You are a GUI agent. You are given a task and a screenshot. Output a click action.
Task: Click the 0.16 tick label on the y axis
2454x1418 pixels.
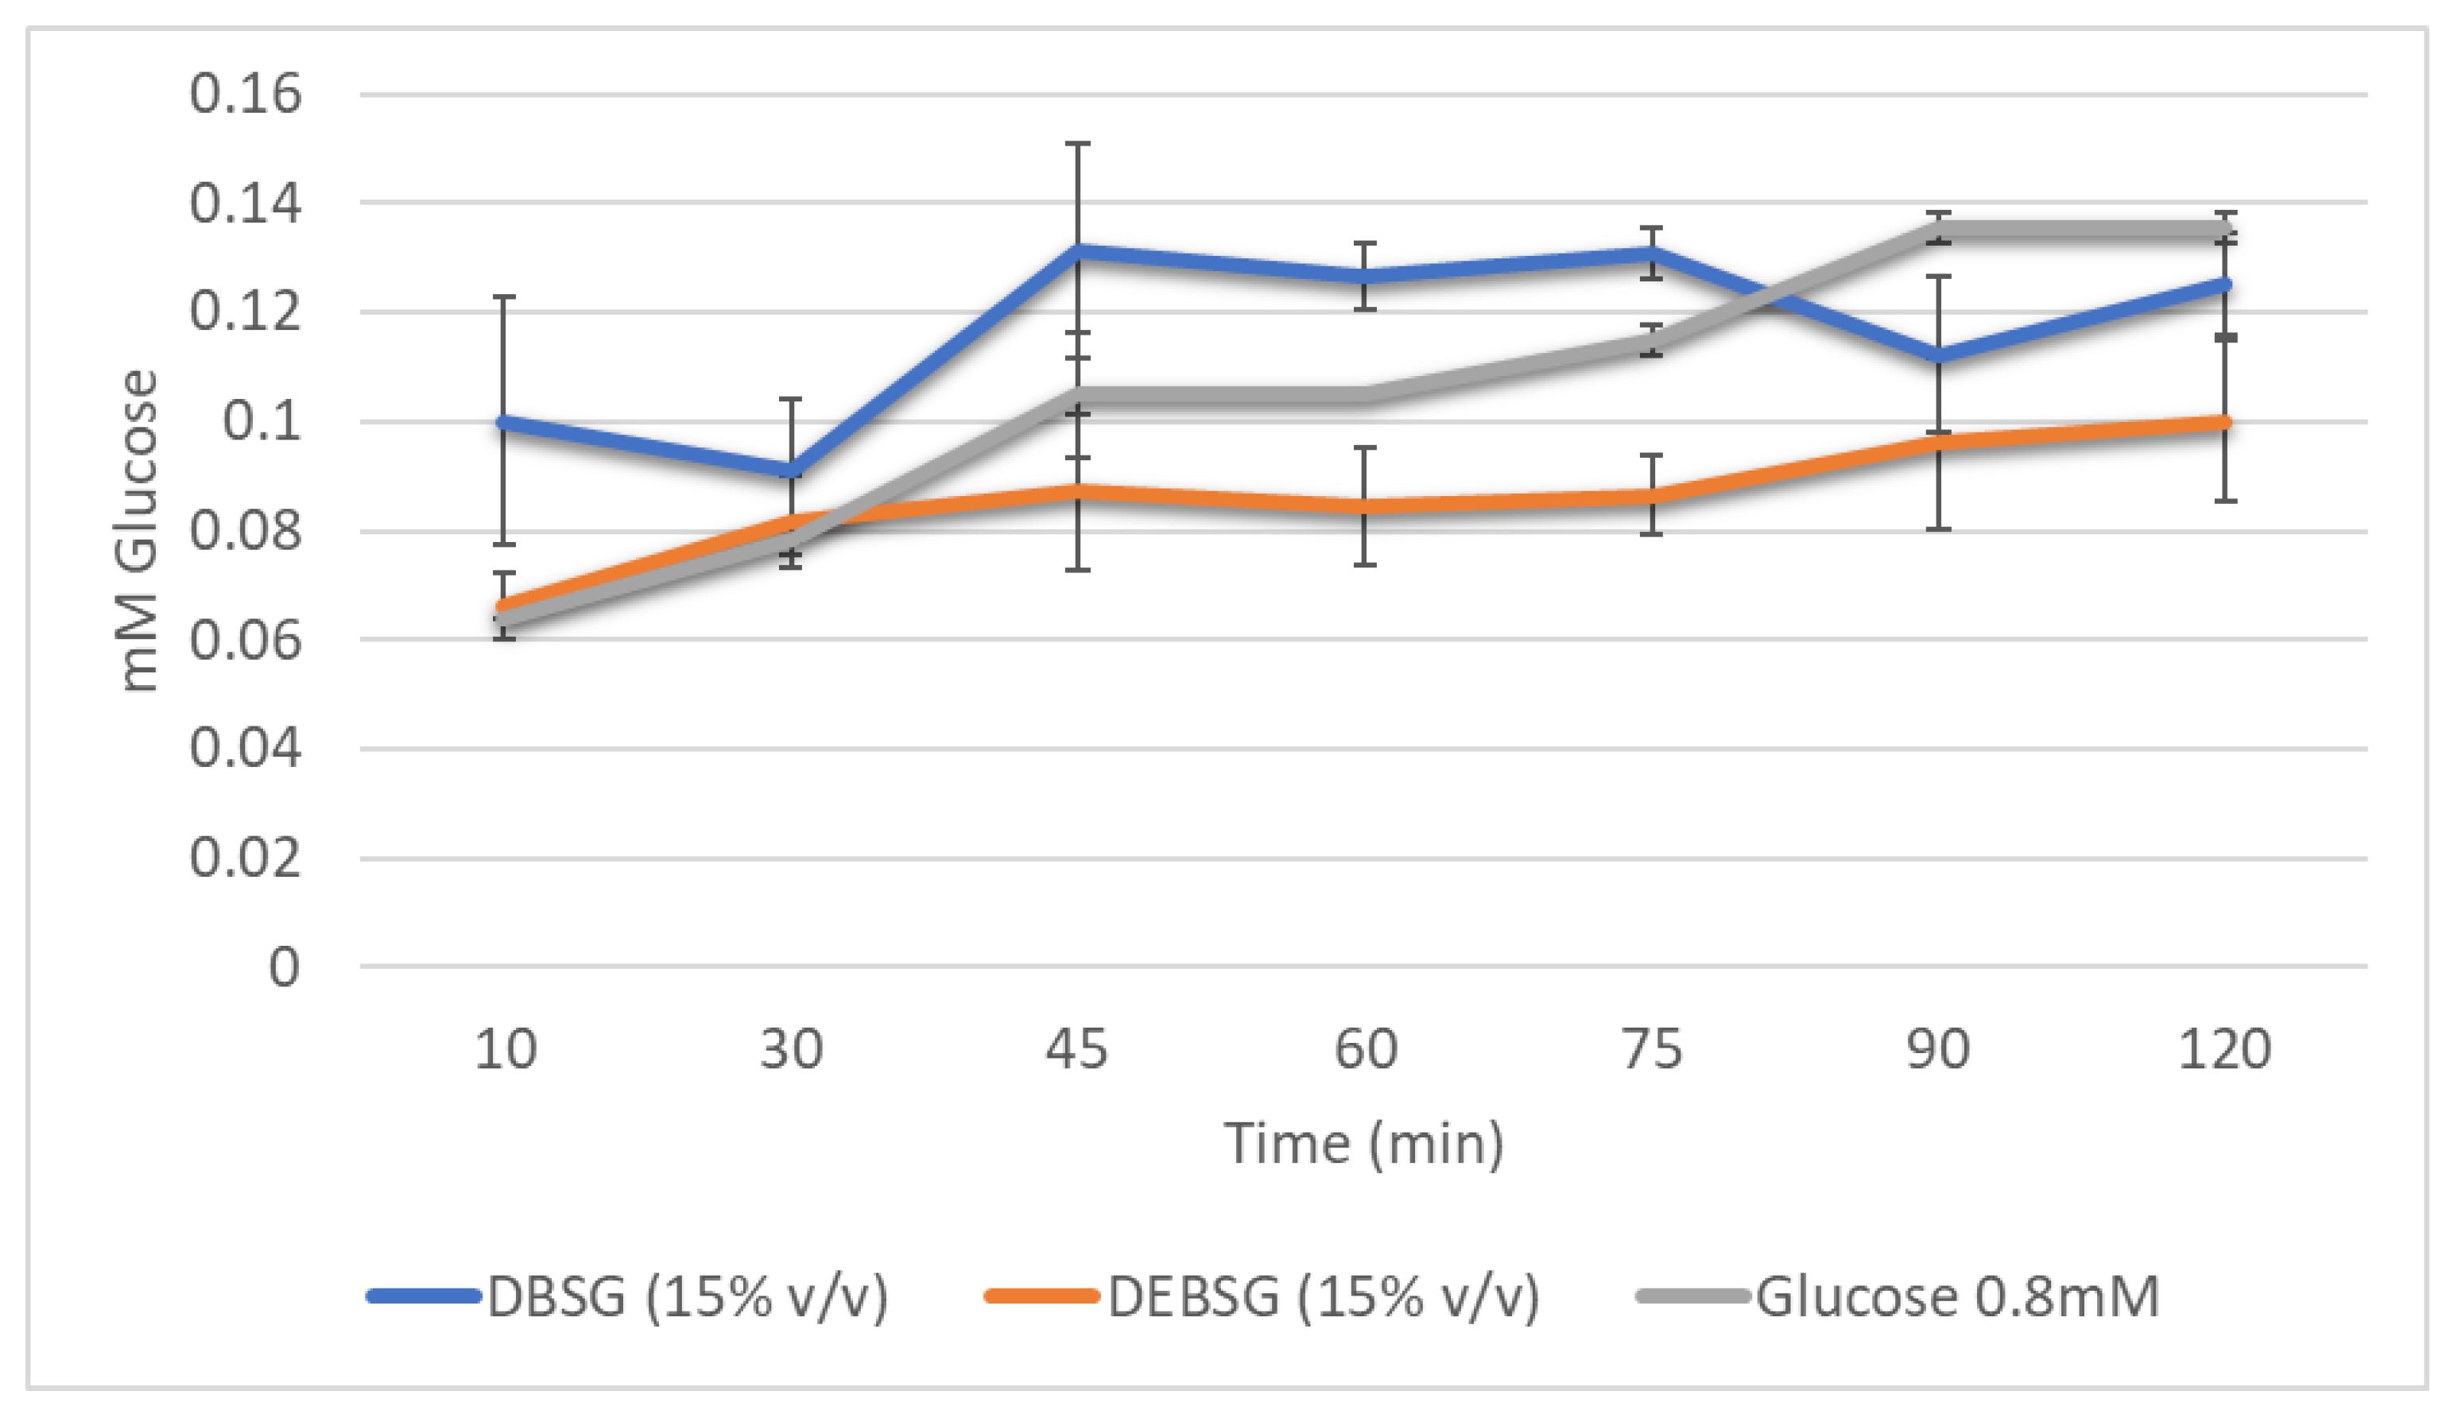(x=246, y=95)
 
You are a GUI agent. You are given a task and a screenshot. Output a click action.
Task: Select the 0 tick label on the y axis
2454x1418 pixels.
(x=283, y=968)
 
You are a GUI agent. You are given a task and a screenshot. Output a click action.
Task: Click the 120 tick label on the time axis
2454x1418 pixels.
(x=2224, y=1050)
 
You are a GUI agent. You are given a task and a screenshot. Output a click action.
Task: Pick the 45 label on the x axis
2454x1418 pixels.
(x=1076, y=1050)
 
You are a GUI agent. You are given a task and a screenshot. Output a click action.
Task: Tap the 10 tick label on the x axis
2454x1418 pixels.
(x=505, y=1050)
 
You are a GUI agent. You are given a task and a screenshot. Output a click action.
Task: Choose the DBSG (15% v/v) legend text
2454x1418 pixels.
(x=688, y=1297)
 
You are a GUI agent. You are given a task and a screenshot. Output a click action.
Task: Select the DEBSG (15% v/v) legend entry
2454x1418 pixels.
(x=1324, y=1297)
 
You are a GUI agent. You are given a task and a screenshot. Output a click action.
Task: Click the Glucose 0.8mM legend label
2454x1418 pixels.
(x=1957, y=1297)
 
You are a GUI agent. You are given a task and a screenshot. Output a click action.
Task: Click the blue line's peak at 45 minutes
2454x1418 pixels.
(x=1077, y=250)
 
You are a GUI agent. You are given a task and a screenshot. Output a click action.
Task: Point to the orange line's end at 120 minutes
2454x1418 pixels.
(x=2224, y=423)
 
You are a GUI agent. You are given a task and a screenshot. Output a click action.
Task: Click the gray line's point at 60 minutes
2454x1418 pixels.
(x=1364, y=395)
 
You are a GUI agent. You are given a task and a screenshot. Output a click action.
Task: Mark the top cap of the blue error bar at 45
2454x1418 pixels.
(x=1077, y=144)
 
